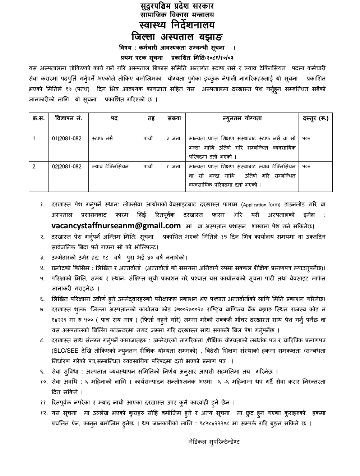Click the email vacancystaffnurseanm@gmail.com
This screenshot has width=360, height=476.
(116, 226)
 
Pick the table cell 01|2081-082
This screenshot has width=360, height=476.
(67, 138)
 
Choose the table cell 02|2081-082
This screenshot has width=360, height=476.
(67, 166)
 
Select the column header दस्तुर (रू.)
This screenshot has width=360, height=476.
(315, 118)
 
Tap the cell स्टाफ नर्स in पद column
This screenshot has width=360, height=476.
(102, 138)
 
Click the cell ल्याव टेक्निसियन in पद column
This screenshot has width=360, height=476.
(110, 166)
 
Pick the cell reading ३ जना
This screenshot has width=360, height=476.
(173, 138)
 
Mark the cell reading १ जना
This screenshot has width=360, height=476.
(173, 166)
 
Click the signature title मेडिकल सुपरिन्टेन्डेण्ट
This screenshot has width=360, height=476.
(214, 441)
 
